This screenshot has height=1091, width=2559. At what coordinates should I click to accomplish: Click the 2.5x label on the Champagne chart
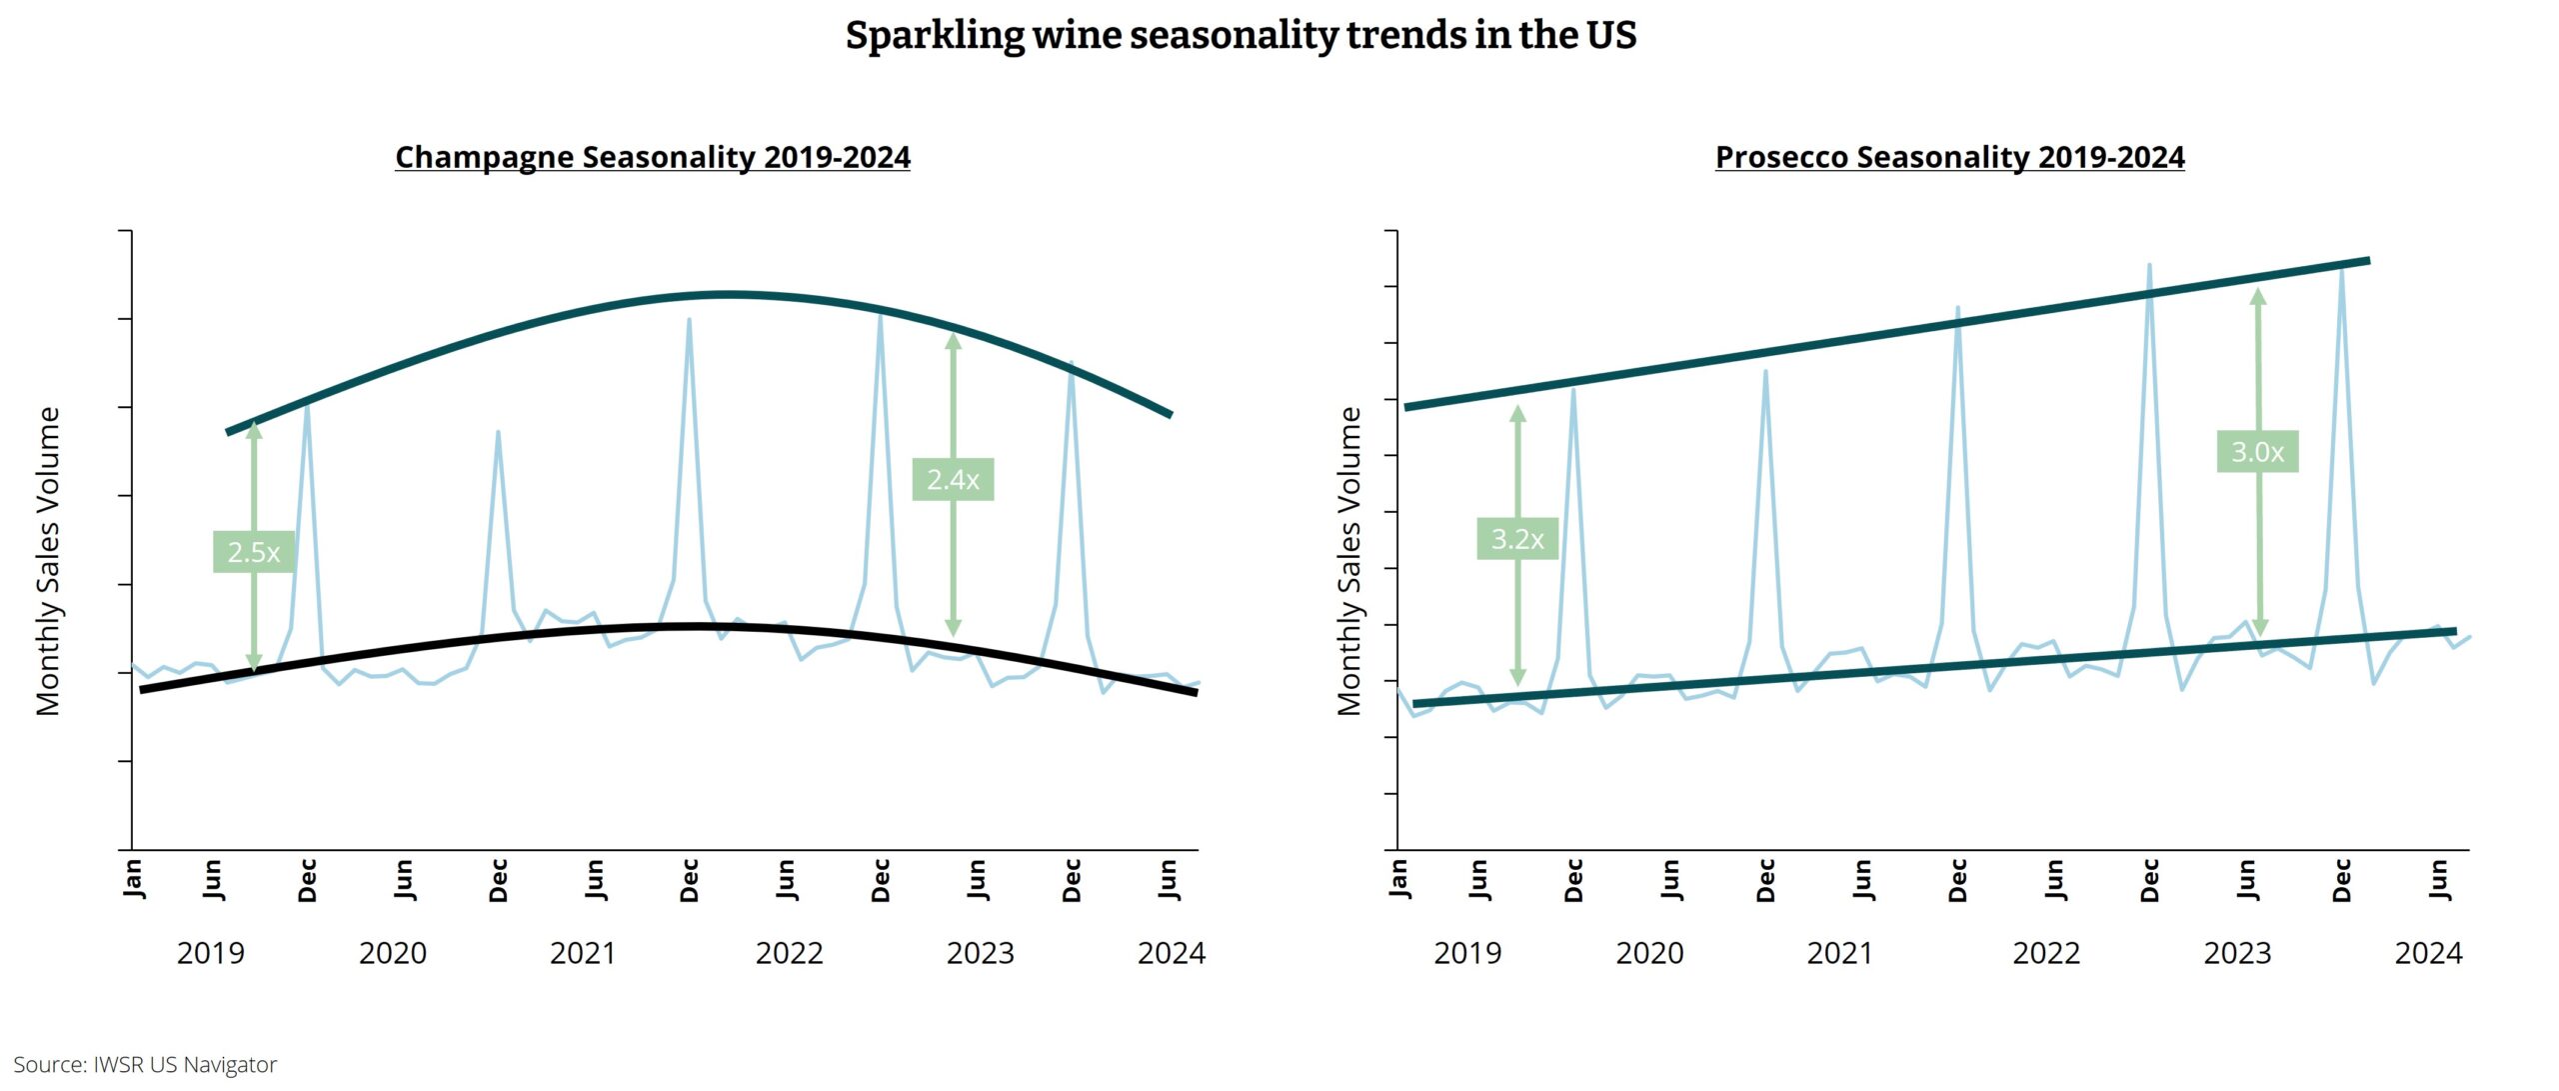tap(253, 552)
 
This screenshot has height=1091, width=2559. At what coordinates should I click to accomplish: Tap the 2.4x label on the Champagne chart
tap(953, 480)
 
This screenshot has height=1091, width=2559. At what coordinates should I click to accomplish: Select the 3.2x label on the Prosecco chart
tap(1517, 539)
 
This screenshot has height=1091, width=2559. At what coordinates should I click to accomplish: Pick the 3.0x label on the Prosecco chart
tap(2257, 452)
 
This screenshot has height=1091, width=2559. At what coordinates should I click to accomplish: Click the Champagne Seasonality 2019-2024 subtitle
tap(653, 157)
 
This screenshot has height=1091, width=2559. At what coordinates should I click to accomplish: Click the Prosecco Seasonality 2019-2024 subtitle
tap(1949, 157)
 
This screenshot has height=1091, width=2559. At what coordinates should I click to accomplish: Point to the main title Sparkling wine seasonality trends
tap(1241, 35)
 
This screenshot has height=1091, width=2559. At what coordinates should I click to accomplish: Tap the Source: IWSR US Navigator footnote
tap(145, 1064)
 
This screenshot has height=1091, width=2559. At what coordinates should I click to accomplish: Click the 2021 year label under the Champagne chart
tap(583, 953)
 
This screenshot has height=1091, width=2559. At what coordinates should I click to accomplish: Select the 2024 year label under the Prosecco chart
tap(2428, 953)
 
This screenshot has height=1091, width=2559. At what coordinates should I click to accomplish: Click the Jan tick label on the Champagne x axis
tap(134, 877)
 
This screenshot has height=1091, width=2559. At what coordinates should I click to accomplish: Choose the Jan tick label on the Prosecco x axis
tap(1398, 877)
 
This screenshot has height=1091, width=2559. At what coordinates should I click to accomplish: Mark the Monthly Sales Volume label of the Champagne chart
tap(48, 561)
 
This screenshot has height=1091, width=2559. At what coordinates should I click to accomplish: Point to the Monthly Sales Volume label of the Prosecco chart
tap(1349, 561)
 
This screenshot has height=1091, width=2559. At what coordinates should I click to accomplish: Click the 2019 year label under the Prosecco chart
tap(1467, 953)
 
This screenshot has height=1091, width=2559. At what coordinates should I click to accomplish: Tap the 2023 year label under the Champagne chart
tap(980, 953)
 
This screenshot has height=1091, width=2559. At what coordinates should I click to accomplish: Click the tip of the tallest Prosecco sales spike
tap(2149, 265)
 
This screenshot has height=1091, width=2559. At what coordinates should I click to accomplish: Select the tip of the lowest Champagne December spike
tap(498, 432)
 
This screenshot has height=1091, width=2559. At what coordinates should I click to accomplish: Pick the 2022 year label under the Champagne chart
tap(789, 953)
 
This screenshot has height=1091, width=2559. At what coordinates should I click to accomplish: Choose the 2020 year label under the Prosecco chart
tap(1649, 953)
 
